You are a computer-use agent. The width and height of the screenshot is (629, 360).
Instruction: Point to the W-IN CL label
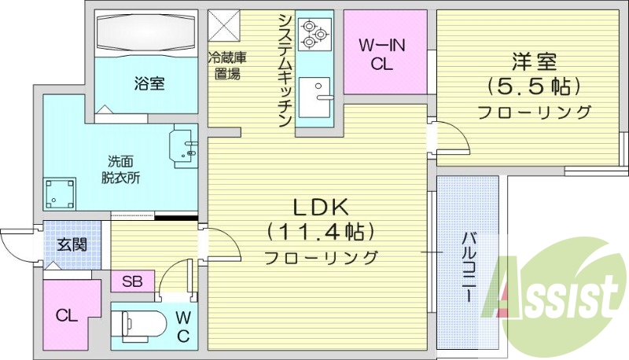(x=382, y=56)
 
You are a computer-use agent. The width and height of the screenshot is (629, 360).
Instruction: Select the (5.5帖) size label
(x=533, y=84)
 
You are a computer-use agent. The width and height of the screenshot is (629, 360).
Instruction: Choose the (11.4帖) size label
(x=320, y=232)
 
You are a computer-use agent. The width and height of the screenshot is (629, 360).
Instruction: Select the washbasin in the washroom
(x=183, y=147)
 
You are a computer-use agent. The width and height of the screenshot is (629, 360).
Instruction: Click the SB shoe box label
(x=131, y=281)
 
